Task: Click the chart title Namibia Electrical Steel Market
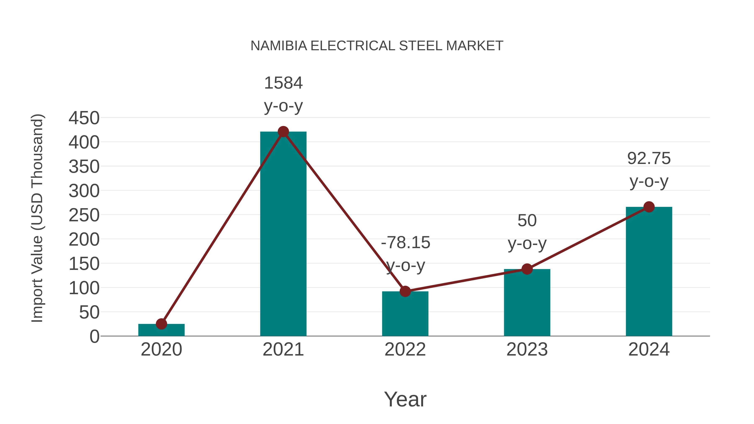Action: [x=377, y=46]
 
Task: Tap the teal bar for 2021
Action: [x=283, y=234]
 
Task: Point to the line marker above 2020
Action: [x=161, y=324]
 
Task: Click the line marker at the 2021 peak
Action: [x=283, y=132]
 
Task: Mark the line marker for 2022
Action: [x=405, y=291]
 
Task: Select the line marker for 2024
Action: [x=649, y=207]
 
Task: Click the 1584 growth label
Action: [x=283, y=83]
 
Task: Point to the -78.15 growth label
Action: [x=405, y=243]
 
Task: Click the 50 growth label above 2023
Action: [x=527, y=221]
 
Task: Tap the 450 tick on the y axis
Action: [x=84, y=118]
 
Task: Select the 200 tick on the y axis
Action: [x=84, y=240]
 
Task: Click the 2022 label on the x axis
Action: [x=405, y=349]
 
